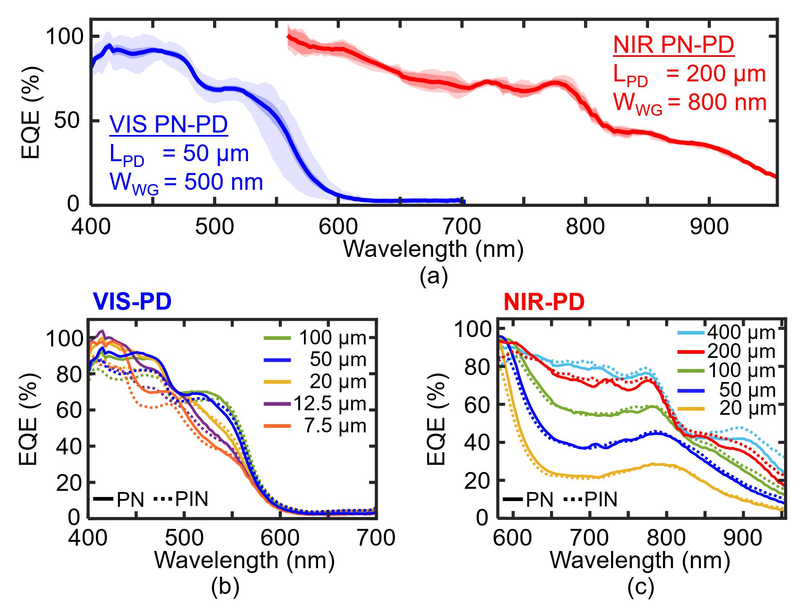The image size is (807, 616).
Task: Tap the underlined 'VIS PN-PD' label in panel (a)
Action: [169, 124]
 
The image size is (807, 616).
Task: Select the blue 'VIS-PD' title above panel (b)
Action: [132, 301]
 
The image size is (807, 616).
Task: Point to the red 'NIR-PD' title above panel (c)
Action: [544, 302]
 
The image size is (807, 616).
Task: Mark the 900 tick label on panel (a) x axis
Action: [709, 227]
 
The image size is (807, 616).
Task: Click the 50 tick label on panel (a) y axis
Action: [67, 120]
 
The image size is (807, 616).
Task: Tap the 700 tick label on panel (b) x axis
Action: [376, 537]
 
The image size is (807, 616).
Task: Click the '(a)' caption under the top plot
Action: [433, 276]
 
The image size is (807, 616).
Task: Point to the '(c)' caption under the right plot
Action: [640, 587]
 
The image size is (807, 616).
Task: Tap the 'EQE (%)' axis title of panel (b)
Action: [29, 419]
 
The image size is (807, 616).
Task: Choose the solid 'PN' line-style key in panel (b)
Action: [119, 499]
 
